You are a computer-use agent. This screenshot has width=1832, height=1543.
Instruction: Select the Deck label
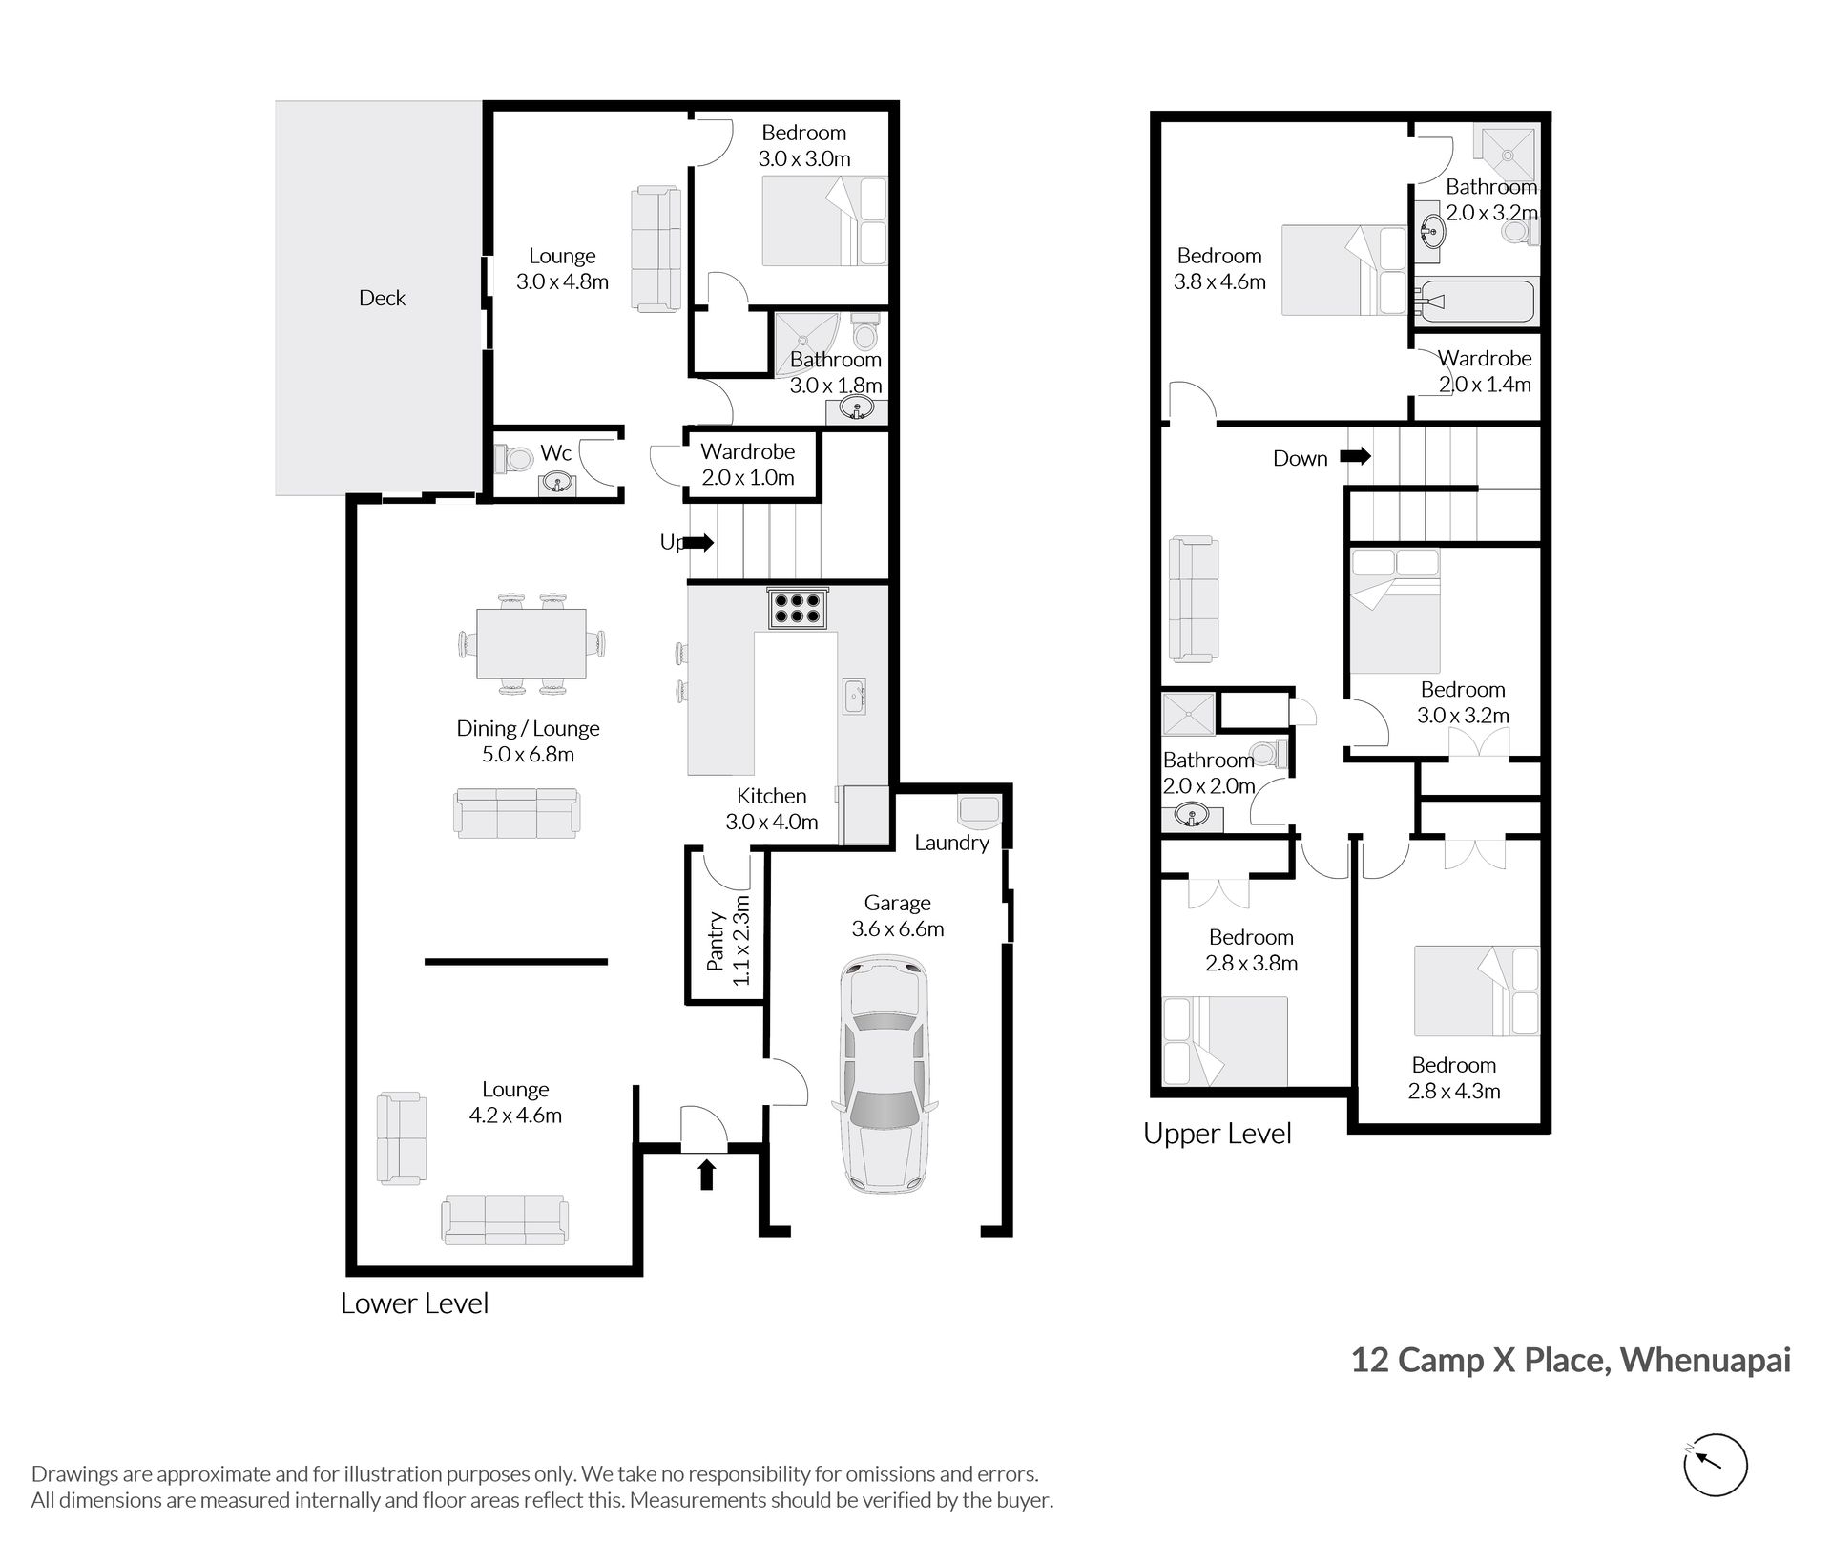click(x=382, y=298)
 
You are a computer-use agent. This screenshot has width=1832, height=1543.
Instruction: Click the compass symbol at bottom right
click(x=1715, y=1465)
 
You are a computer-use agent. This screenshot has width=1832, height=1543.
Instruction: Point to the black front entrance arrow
click(x=706, y=1175)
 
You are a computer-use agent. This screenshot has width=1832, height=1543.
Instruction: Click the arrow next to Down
click(x=1356, y=457)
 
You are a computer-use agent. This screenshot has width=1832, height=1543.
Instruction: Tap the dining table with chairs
click(x=531, y=643)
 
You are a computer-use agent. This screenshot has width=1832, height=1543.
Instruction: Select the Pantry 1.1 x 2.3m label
click(x=728, y=940)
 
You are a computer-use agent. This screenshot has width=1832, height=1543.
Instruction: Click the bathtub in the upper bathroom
click(x=1475, y=302)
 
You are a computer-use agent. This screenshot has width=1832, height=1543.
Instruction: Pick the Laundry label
click(x=951, y=843)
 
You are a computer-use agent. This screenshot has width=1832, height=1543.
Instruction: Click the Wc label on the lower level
click(x=555, y=453)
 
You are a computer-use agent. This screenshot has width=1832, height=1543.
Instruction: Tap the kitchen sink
click(x=854, y=696)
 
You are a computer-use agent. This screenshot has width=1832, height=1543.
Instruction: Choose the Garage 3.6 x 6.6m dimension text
click(x=898, y=916)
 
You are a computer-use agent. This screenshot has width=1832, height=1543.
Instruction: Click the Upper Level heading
click(x=1218, y=1134)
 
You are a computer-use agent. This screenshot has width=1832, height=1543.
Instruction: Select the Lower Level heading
click(x=414, y=1303)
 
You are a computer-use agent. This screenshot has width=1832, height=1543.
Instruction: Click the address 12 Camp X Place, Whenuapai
click(x=1571, y=1360)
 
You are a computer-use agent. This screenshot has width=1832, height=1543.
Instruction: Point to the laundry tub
click(x=978, y=809)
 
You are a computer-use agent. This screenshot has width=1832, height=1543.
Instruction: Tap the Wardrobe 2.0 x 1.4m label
click(x=1485, y=371)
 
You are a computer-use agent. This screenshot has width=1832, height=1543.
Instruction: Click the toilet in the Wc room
click(x=514, y=459)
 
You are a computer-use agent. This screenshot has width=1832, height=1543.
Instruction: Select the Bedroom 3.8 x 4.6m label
click(x=1219, y=269)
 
